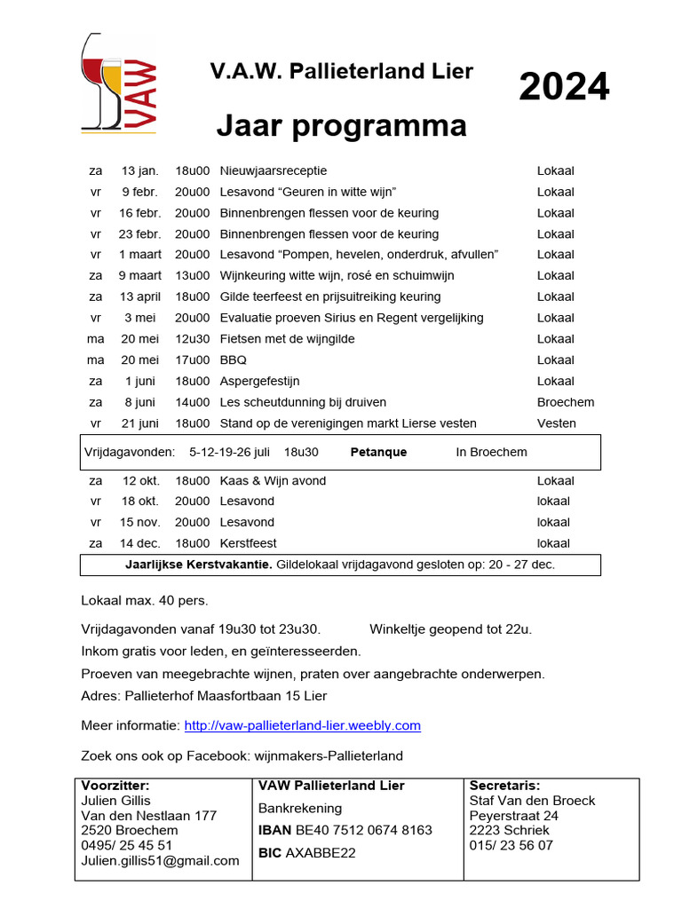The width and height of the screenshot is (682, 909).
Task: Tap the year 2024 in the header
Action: (564, 87)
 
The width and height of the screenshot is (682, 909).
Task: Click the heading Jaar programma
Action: (341, 127)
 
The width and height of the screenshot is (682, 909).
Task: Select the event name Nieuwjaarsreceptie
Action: (273, 170)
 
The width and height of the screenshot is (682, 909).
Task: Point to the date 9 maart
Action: (140, 276)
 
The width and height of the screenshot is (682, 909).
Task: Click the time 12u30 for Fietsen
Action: (193, 339)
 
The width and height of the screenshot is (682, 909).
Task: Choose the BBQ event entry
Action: (234, 360)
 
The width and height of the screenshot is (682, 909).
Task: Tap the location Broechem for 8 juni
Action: (565, 402)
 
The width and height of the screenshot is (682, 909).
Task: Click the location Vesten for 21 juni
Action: (556, 423)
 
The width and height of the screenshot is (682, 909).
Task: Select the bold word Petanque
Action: (378, 452)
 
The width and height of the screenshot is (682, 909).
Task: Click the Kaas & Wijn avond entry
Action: (273, 481)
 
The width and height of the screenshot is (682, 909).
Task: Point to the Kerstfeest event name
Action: (248, 543)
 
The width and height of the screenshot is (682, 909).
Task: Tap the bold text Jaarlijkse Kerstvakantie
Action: (199, 565)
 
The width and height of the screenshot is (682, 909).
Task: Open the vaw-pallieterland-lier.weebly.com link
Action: (302, 726)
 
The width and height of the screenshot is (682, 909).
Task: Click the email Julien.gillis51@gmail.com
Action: (160, 860)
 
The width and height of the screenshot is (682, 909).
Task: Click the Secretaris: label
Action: (504, 786)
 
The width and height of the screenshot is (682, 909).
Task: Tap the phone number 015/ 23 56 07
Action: (511, 845)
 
